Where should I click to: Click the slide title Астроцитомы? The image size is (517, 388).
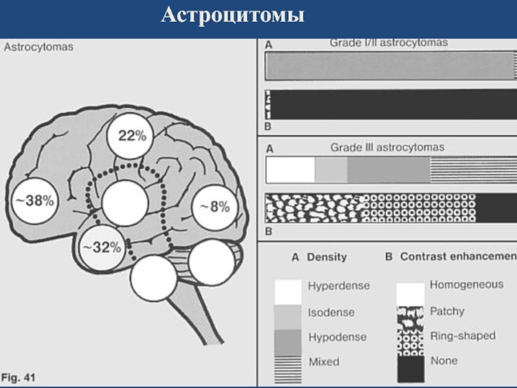coord(233,15)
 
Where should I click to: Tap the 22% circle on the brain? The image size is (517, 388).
coord(131,136)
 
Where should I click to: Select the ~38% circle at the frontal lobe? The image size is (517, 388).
coord(35,200)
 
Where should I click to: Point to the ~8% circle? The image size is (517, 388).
coord(215,207)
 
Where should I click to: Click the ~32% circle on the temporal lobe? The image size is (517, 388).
coord(102,248)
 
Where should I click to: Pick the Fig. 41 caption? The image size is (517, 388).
coord(19,378)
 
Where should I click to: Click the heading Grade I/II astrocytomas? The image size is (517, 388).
coord(389,43)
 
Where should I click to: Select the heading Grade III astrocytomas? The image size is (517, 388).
coord(387,147)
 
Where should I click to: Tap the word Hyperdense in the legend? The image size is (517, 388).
coord(339,286)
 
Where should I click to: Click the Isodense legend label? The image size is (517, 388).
coord(332,312)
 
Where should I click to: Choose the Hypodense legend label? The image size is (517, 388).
coord(337,337)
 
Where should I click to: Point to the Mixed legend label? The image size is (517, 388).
coord(324,362)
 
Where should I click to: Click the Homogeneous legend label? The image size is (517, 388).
coord(467,285)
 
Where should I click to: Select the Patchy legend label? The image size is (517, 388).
coord(447,311)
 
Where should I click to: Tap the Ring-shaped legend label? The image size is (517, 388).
coord(463,336)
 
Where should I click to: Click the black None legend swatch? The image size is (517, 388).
coord(411,369)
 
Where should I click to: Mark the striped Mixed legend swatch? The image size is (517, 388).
coord(288,369)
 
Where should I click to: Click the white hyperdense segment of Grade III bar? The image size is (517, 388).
coord(290,170)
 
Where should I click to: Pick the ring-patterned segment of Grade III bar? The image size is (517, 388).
coord(419,208)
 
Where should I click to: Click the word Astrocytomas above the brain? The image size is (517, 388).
coord(39,47)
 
